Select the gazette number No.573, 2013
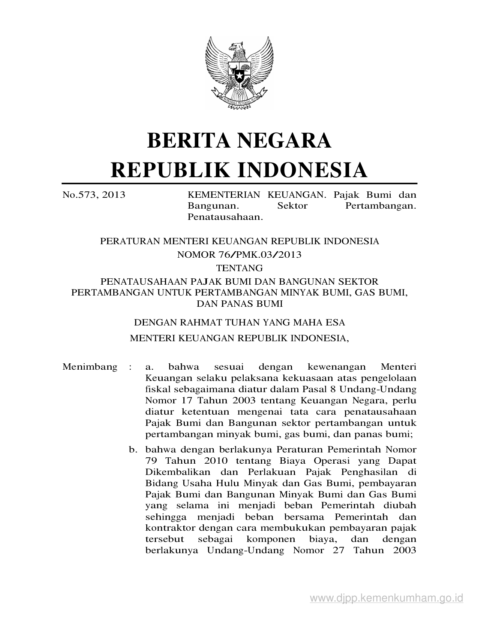click(94, 195)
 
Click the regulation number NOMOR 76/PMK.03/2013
click(239, 255)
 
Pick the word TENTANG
click(239, 268)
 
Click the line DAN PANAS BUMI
click(239, 303)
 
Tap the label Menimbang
click(90, 367)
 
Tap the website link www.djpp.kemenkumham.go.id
click(387, 597)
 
